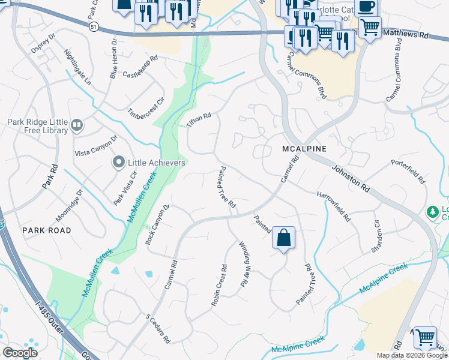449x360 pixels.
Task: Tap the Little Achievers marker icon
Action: coord(118,162)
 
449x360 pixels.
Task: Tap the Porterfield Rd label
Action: coord(407,172)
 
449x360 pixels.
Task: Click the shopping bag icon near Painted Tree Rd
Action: coord(283,237)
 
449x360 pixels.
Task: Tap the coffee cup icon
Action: coord(366,6)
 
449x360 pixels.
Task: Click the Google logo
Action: coord(20,353)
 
